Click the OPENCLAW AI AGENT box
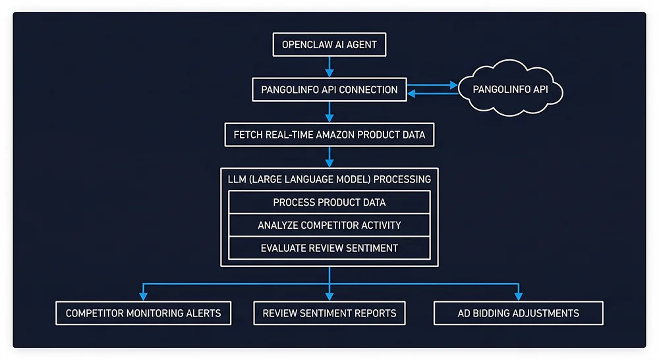click(329, 45)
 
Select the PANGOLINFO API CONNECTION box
click(329, 90)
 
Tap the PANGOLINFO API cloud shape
click(511, 89)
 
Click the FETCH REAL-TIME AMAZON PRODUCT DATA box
click(329, 135)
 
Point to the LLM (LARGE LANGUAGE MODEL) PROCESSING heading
click(329, 179)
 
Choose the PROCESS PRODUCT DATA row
click(329, 202)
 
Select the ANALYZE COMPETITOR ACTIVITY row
click(329, 225)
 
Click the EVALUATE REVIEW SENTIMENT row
click(329, 248)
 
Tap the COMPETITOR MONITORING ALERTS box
click(143, 313)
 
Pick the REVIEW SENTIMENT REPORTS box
click(329, 313)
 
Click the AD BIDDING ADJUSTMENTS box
click(518, 313)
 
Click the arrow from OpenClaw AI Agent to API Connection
click(329, 67)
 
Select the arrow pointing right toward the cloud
click(432, 85)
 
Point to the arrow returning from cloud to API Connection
click(432, 94)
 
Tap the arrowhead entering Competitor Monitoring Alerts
click(143, 296)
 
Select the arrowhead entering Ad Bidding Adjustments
click(518, 296)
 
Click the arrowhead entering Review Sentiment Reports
click(329, 296)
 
